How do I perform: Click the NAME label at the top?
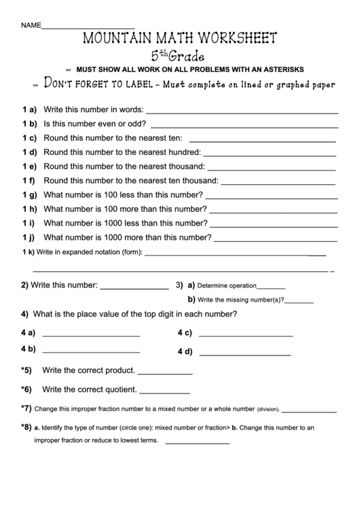click(31, 25)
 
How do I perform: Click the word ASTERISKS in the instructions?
click(281, 69)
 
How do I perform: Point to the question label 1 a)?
click(29, 109)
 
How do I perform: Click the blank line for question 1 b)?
click(244, 126)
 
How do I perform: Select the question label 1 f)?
click(29, 180)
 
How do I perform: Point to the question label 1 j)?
click(29, 238)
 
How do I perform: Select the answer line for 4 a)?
click(91, 337)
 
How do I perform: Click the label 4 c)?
click(185, 333)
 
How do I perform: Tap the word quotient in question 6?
click(120, 390)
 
